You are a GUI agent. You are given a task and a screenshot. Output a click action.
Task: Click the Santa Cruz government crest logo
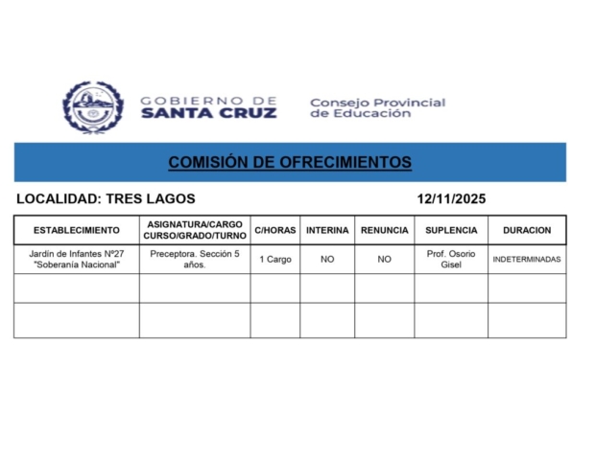(x=93, y=107)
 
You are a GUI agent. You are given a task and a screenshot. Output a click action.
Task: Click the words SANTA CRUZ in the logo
(x=208, y=113)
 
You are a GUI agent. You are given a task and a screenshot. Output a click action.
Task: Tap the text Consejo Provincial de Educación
(x=377, y=107)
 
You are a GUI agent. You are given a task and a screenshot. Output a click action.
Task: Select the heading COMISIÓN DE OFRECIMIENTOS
(x=290, y=162)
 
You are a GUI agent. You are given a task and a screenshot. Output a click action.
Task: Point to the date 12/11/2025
(x=451, y=199)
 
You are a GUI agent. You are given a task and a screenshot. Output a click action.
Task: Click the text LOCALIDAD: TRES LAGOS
(x=106, y=199)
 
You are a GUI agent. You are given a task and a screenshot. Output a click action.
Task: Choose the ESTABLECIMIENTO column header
(x=77, y=231)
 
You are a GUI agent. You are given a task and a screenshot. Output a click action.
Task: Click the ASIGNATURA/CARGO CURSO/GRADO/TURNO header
(x=195, y=230)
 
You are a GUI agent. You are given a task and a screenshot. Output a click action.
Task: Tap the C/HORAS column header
(x=275, y=231)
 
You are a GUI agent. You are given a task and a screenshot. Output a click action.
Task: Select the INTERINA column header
(x=327, y=231)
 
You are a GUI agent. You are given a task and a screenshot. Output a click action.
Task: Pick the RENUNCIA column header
(x=384, y=231)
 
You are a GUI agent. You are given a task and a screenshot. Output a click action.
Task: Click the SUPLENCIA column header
(x=451, y=231)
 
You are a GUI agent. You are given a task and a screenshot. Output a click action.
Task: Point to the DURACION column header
(x=527, y=231)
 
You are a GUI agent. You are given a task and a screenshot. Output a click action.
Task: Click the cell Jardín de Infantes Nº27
(x=77, y=259)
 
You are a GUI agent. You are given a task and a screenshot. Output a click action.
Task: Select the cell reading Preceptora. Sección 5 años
(x=195, y=259)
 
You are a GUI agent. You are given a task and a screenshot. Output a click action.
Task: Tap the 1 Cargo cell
(x=275, y=260)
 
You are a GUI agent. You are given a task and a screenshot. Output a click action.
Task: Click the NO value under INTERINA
(x=327, y=260)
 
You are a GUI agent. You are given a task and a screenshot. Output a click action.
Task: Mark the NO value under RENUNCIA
(x=384, y=260)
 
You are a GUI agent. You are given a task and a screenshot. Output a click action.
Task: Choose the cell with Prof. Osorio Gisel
(x=451, y=259)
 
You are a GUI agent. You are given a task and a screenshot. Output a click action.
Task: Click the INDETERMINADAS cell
(x=527, y=260)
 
